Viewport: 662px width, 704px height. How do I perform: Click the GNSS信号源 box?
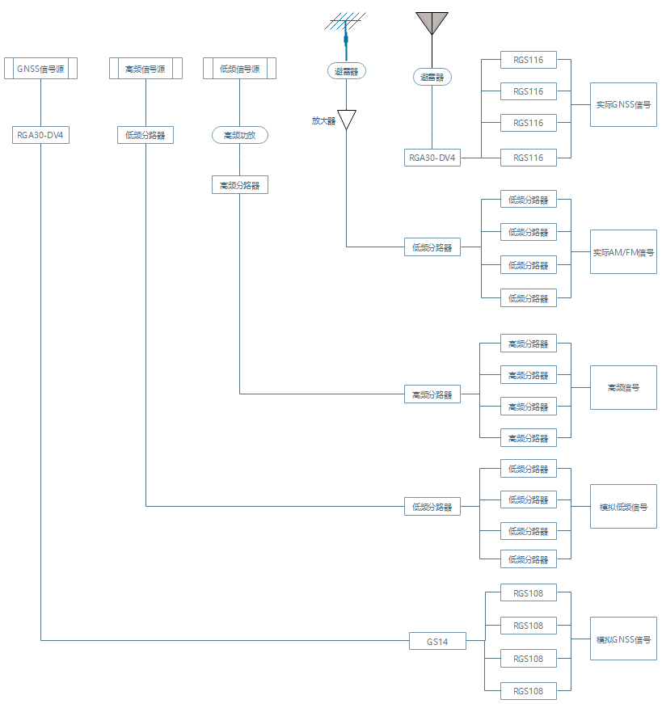(40, 69)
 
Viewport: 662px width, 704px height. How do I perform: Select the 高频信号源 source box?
(145, 69)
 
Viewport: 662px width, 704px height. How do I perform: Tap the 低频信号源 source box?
(239, 69)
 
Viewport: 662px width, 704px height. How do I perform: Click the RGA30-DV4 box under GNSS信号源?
(40, 135)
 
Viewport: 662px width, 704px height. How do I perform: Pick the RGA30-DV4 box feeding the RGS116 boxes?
(432, 158)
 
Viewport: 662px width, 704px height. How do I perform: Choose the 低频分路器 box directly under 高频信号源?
(145, 135)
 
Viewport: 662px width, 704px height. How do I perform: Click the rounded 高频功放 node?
(239, 135)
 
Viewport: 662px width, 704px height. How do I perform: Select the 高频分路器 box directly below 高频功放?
(239, 185)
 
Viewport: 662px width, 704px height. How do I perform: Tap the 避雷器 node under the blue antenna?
(347, 71)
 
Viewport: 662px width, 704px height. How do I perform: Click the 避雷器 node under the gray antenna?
(432, 77)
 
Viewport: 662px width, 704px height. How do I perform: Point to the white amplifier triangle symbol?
(347, 119)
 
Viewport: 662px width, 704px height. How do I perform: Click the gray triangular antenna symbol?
(432, 23)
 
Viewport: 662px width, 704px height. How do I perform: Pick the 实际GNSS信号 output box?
(623, 104)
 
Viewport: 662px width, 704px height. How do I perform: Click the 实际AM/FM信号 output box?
(623, 251)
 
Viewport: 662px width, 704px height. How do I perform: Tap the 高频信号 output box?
(623, 387)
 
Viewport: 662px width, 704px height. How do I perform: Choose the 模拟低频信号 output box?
(623, 507)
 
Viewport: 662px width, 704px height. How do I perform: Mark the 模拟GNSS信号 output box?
(623, 639)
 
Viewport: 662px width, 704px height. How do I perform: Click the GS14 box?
(437, 641)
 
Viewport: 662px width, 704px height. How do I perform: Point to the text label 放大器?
(323, 120)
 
